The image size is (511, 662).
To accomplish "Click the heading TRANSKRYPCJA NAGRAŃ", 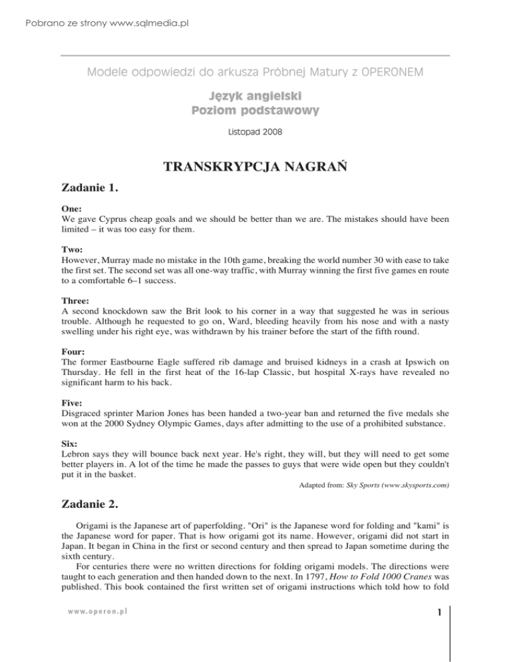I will [x=255, y=169].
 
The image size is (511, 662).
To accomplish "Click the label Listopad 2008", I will [x=255, y=132].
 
